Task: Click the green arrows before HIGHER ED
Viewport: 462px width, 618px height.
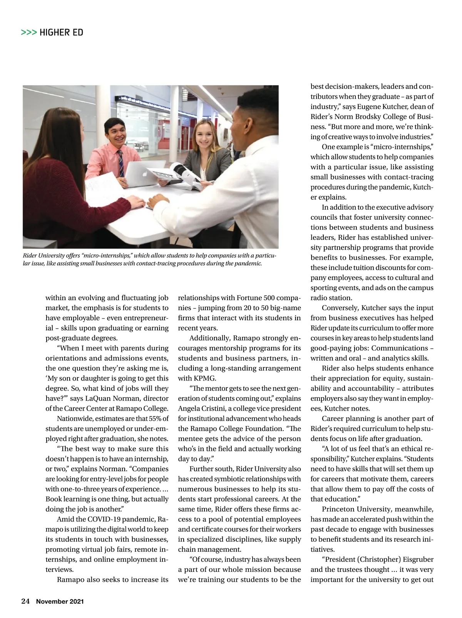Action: [x=29, y=32]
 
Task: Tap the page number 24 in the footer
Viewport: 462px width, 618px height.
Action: [x=25, y=601]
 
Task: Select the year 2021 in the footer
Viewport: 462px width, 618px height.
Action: [x=77, y=601]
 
